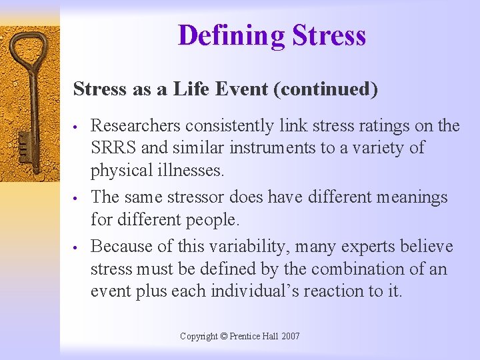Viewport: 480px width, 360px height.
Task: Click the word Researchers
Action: [135, 126]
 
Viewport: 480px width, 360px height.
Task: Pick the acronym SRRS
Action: [111, 147]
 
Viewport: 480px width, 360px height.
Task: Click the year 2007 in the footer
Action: [291, 337]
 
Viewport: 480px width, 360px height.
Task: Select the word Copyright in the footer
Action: [199, 337]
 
